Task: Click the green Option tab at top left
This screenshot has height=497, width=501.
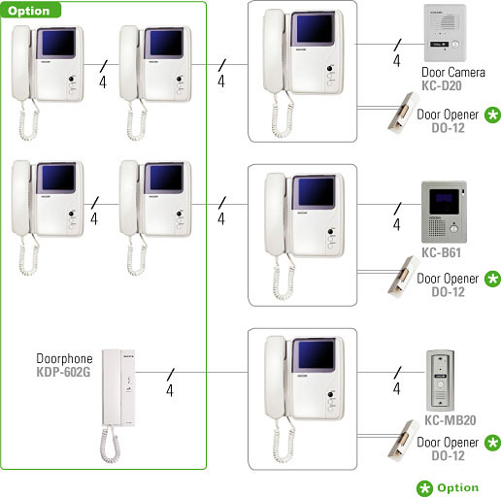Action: pyautogui.click(x=30, y=10)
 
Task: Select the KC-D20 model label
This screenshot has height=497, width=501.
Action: pyautogui.click(x=442, y=85)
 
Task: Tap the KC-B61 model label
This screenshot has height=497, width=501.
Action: pyautogui.click(x=441, y=252)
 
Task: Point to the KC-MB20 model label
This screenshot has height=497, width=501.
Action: pyautogui.click(x=451, y=420)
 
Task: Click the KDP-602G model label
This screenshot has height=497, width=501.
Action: pyautogui.click(x=63, y=372)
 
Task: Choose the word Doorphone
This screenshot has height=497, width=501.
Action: pyautogui.click(x=64, y=358)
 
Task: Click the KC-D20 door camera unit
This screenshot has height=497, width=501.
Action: pyautogui.click(x=445, y=33)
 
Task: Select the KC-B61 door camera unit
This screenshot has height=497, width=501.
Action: pyautogui.click(x=444, y=212)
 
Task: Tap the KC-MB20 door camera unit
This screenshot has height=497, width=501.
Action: pyautogui.click(x=440, y=381)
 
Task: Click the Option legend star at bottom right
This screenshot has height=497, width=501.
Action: pyautogui.click(x=424, y=488)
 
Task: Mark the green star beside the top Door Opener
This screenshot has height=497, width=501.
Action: pyautogui.click(x=492, y=115)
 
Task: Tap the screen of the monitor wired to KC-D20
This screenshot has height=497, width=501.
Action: pyautogui.click(x=315, y=29)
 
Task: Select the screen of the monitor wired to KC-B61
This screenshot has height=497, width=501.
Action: pyautogui.click(x=316, y=193)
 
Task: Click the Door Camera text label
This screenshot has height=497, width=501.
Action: pyautogui.click(x=453, y=72)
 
